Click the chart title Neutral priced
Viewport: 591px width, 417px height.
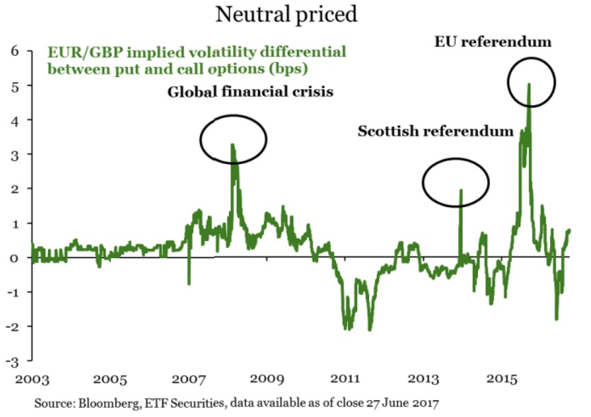pyautogui.click(x=286, y=14)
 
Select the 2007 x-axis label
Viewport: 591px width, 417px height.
pyautogui.click(x=189, y=380)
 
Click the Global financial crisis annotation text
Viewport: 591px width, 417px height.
pyautogui.click(x=250, y=92)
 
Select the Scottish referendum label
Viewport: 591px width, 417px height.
pyautogui.click(x=435, y=131)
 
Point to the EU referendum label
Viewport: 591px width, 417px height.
pyautogui.click(x=493, y=42)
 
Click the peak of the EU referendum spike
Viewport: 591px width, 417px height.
pyautogui.click(x=529, y=85)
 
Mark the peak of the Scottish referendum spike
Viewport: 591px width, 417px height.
pyautogui.click(x=460, y=190)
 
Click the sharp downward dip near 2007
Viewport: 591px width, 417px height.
pyautogui.click(x=189, y=283)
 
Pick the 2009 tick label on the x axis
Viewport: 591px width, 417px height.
pyautogui.click(x=268, y=380)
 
